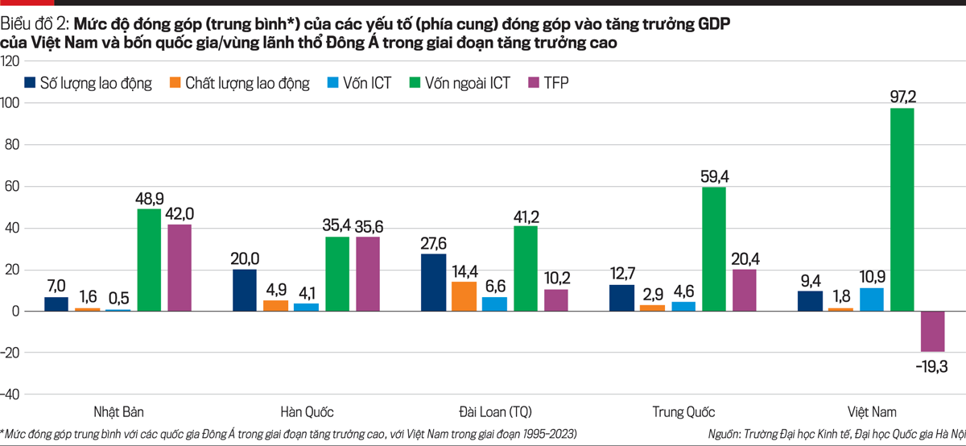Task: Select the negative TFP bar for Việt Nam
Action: tap(932, 331)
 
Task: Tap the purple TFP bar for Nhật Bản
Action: tap(179, 267)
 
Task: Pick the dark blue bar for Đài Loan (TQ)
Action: tap(433, 282)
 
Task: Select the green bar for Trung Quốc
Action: tap(713, 249)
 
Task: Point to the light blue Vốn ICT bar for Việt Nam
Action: tap(871, 299)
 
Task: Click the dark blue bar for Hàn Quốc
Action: tap(245, 290)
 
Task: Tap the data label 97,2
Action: tap(902, 97)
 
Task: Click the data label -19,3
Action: tap(932, 366)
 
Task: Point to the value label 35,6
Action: tap(367, 226)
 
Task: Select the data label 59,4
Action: tap(713, 176)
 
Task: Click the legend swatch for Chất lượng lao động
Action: tap(175, 82)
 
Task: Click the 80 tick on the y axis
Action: tap(11, 145)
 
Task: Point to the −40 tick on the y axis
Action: tap(11, 394)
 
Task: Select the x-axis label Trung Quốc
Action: tap(683, 411)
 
